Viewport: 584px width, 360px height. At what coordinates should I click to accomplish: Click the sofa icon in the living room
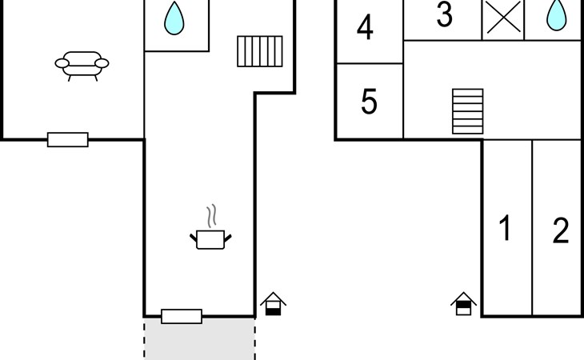pos(82,66)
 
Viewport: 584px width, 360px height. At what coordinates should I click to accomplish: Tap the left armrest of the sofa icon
pos(62,63)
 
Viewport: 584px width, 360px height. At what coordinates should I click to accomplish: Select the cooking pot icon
pos(210,239)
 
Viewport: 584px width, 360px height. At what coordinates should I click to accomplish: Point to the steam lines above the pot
pos(211,215)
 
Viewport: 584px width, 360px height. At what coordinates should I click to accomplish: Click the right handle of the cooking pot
pos(227,238)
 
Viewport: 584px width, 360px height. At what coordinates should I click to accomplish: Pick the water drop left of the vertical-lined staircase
pos(174,18)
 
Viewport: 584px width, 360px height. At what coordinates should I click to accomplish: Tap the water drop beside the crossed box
pos(557,15)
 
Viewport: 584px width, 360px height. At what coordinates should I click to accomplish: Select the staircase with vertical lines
pos(260,51)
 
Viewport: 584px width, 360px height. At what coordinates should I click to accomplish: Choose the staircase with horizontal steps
pos(468,111)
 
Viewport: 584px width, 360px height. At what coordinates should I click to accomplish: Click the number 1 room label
pos(505,228)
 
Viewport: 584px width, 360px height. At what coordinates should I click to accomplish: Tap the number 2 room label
pos(561,231)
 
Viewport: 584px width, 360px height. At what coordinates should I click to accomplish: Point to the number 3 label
pos(444,14)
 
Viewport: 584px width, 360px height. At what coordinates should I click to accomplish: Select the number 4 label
pos(365,27)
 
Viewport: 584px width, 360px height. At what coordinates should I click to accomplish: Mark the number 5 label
pos(369,101)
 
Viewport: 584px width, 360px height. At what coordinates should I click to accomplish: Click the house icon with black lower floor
pos(273,304)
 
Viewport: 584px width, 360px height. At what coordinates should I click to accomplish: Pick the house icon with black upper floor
pos(463,304)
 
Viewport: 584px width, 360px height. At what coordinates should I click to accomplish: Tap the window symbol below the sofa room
pos(68,140)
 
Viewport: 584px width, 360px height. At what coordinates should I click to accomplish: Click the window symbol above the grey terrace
pos(182,317)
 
